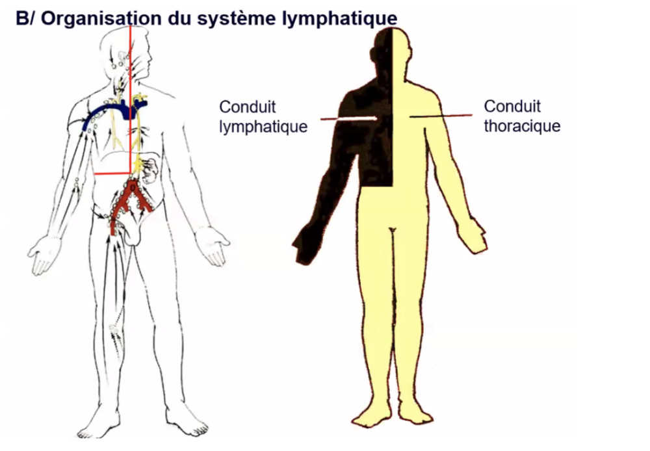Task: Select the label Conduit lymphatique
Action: (262, 117)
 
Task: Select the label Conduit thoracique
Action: (521, 116)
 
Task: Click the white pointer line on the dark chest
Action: (351, 118)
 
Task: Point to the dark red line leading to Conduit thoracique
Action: (442, 116)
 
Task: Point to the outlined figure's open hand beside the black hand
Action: (215, 244)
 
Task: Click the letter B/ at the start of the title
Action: (26, 18)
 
